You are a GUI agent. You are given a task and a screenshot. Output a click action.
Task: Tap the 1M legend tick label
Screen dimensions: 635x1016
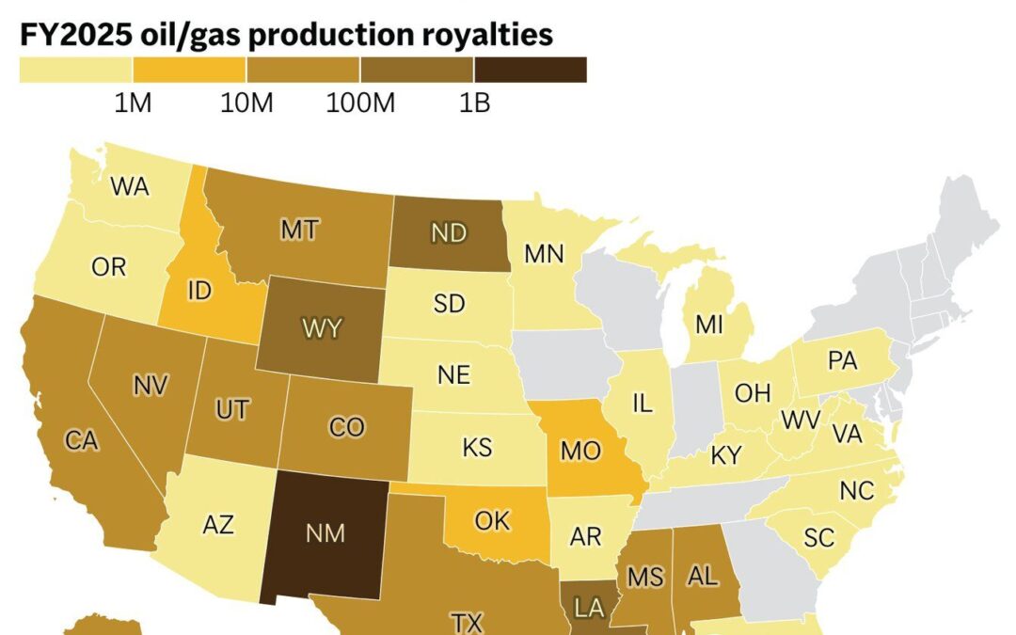pos(133,103)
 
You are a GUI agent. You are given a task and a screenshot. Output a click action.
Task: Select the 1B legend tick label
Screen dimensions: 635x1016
pos(474,103)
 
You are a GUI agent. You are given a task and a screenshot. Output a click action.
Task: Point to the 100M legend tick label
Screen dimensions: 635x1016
pos(360,103)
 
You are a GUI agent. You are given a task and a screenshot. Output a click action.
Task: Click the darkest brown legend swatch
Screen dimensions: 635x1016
pos(531,70)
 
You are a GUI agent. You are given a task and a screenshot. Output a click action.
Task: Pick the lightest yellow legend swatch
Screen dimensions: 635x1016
pos(75,70)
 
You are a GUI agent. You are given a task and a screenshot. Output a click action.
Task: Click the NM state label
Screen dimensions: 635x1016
pos(325,533)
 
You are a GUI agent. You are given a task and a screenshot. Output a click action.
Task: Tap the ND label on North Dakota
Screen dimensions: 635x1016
pos(449,233)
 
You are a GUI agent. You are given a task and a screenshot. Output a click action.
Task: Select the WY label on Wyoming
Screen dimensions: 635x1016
pos(322,329)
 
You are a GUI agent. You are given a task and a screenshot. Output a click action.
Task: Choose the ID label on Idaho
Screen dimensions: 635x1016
pos(199,292)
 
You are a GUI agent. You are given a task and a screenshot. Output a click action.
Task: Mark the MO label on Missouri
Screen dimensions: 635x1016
pos(580,451)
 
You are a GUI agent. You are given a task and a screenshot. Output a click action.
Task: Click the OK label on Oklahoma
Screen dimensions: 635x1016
pos(492,521)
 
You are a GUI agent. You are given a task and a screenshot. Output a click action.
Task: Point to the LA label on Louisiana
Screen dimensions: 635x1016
pos(589,609)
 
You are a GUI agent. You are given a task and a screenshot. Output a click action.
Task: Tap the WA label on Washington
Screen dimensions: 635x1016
pos(130,186)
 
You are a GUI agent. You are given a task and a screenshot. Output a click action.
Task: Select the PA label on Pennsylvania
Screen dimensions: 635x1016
pos(843,361)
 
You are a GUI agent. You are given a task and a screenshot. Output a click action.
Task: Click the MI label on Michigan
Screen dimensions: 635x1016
pos(708,325)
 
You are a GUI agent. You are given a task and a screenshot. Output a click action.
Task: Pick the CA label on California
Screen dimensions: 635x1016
pos(82,439)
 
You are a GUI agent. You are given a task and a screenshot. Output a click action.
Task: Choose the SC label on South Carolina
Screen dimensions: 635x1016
pos(819,537)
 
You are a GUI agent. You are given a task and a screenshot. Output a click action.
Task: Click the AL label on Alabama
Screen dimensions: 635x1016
pos(703,576)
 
